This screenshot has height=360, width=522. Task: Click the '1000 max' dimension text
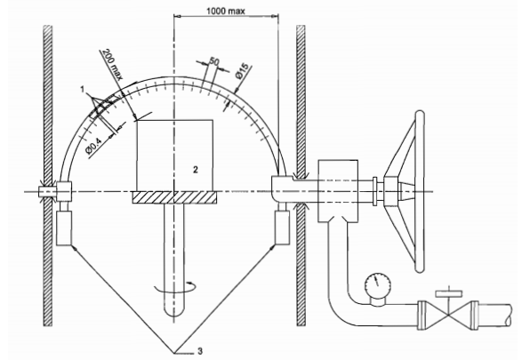[225, 11]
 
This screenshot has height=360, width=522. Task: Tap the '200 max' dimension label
[112, 64]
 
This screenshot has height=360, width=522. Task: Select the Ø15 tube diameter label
[242, 71]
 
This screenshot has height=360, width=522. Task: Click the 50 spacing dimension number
[214, 61]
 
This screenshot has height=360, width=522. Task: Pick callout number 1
[82, 89]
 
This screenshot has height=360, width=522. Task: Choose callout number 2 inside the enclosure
[196, 170]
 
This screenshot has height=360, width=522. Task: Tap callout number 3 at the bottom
[200, 350]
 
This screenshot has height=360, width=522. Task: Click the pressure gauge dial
[378, 285]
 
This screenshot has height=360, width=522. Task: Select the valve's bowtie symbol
[448, 315]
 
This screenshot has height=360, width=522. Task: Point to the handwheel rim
[420, 192]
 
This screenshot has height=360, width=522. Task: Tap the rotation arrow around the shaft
[174, 288]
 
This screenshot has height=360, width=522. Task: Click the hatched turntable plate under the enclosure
[174, 197]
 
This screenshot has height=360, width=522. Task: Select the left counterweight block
[64, 228]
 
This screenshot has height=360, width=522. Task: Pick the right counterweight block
[282, 228]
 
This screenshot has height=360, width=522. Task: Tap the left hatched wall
[48, 175]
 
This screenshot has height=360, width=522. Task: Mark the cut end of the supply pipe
[510, 315]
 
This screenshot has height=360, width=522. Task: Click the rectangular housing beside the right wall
[338, 191]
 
